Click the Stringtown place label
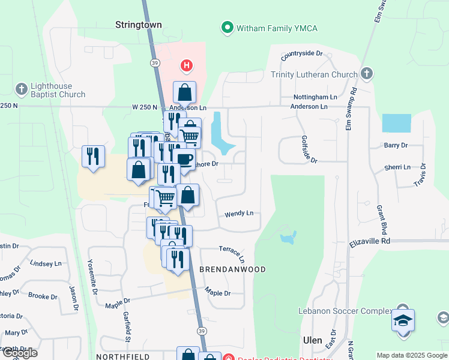(139, 25)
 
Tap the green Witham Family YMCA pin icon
(228, 28)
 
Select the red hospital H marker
(187, 65)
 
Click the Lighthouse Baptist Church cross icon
(21, 88)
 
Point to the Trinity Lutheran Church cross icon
(366, 74)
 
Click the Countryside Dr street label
(301, 53)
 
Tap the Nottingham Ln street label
(315, 97)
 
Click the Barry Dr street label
(396, 145)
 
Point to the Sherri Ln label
(399, 167)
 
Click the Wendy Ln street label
(239, 214)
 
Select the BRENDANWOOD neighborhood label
(232, 269)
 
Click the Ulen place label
(313, 339)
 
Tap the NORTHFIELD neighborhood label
(122, 356)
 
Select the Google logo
(20, 353)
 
